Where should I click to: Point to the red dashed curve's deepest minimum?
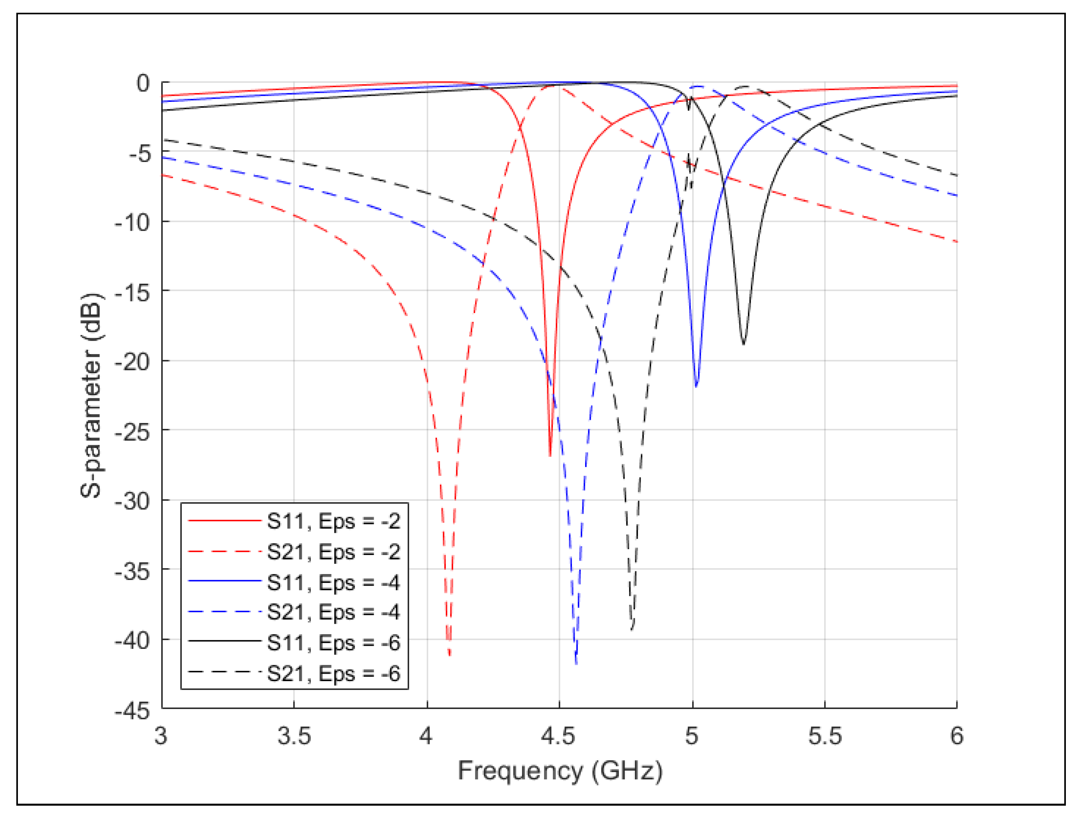coord(449,655)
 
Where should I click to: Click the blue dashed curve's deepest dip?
coord(576,663)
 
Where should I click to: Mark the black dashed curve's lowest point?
coord(632,629)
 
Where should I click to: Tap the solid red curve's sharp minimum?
coord(550,455)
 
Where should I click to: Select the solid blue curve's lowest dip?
coord(696,386)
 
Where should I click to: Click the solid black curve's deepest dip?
coord(743,344)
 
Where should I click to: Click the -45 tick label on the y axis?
coord(132,711)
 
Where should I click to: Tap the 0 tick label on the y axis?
coord(143,84)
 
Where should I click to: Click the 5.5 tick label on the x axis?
coord(824,736)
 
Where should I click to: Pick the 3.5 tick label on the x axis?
coord(294,736)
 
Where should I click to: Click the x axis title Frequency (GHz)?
coord(560,771)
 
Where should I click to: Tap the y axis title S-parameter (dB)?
coord(91,395)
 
